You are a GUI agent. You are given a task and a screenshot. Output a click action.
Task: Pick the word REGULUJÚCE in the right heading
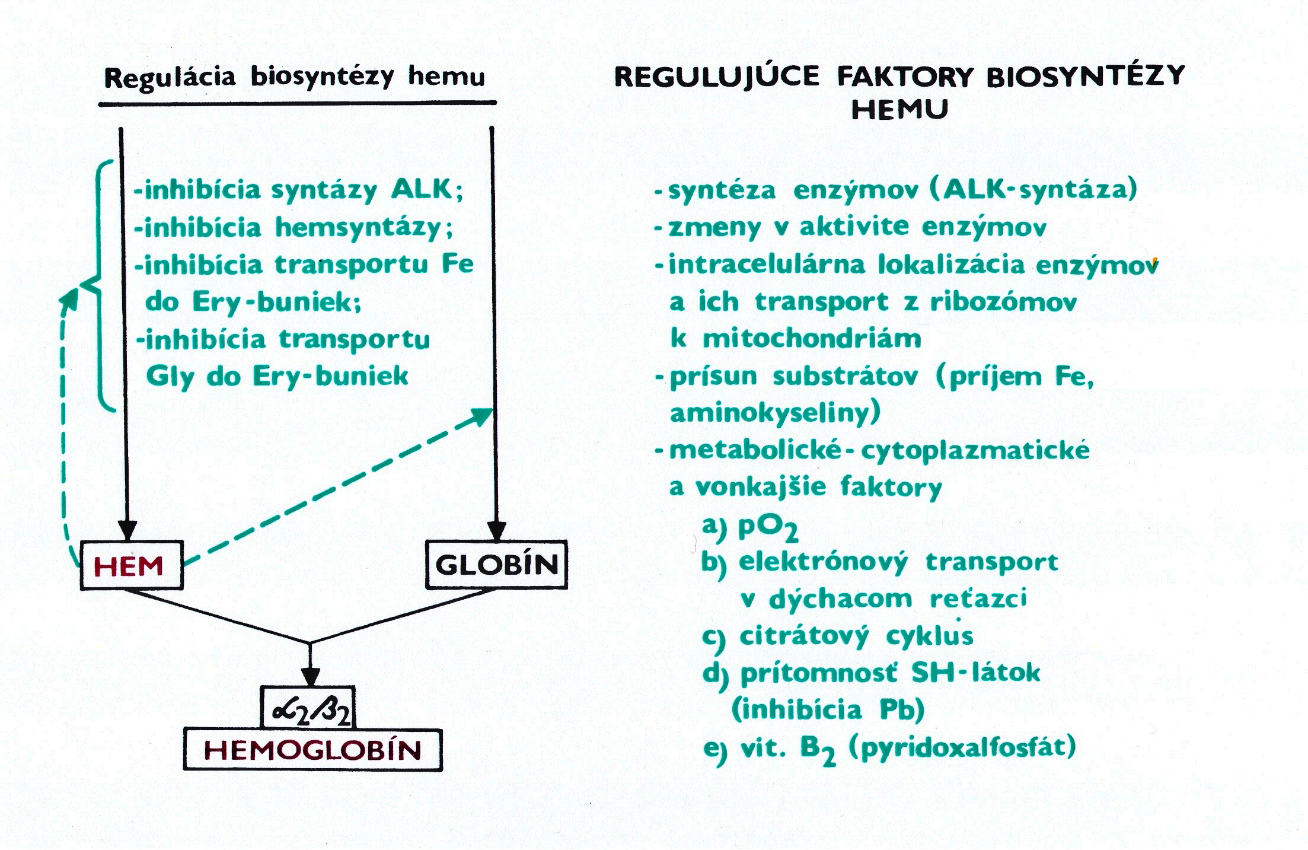717,77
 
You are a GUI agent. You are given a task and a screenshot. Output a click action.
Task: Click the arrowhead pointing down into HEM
127,530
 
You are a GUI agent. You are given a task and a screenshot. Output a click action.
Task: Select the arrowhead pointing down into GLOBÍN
496,530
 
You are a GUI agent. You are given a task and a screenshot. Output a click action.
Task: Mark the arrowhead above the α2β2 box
310,677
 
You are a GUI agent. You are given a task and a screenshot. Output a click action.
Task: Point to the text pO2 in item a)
768,527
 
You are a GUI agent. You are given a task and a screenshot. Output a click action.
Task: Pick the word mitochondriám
812,339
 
